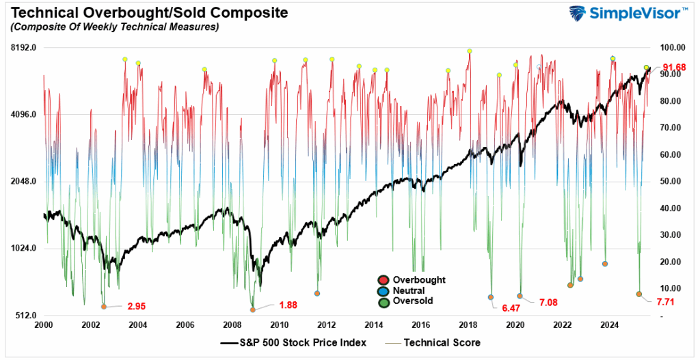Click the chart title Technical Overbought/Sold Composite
(x=146, y=12)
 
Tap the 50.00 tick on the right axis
(x=673, y=182)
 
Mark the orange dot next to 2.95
(x=104, y=307)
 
